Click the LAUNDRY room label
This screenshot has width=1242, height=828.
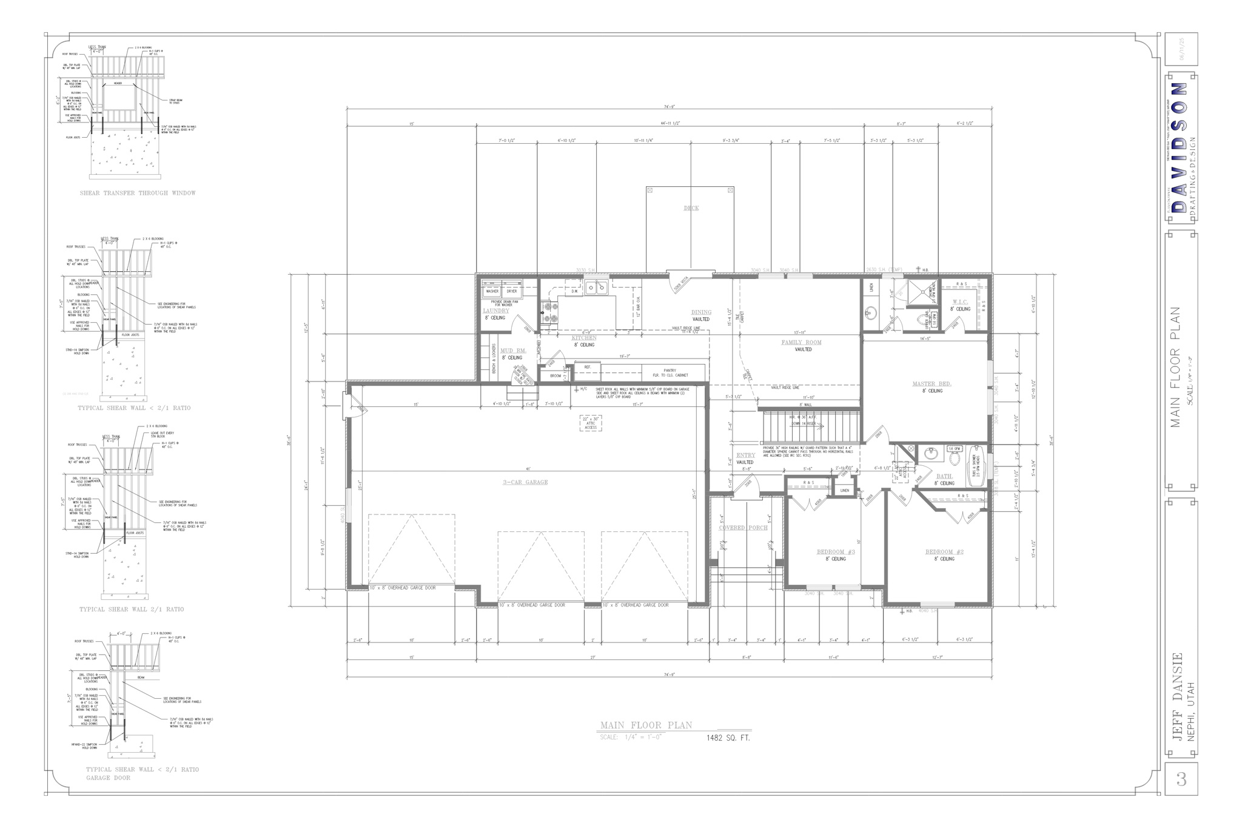[x=495, y=311]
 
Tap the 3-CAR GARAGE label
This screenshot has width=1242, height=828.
[x=525, y=482]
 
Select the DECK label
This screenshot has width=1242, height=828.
[x=691, y=208]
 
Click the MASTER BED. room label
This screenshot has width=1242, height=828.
[x=931, y=384]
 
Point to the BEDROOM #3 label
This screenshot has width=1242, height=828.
[x=835, y=552]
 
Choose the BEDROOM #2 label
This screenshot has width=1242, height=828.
[x=944, y=552]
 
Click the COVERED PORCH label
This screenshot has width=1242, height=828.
[x=743, y=528]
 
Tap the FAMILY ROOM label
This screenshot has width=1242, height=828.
[x=801, y=343]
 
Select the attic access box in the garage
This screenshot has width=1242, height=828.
[x=590, y=423]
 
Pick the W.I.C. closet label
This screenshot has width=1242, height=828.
[x=960, y=301]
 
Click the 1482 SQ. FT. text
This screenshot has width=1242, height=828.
[x=728, y=738]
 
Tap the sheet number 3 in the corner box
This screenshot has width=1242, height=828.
[x=1181, y=779]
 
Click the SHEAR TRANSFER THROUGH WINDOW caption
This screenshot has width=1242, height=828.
[x=138, y=193]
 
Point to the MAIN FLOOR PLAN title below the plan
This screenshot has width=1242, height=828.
[x=645, y=725]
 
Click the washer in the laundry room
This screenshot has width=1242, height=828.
[x=491, y=291]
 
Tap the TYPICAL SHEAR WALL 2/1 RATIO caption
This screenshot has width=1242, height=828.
[x=131, y=609]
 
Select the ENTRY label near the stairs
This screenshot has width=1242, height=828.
[x=745, y=455]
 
